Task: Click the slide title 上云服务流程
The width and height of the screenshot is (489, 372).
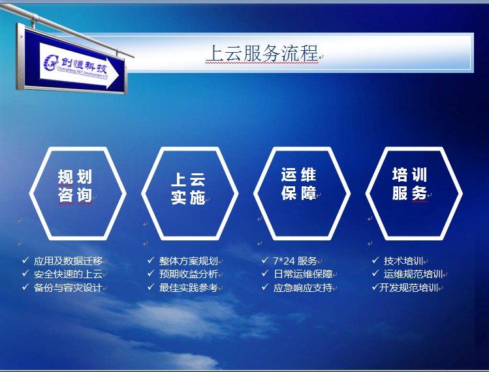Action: coord(262,53)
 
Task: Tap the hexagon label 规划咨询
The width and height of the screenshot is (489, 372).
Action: coord(75,186)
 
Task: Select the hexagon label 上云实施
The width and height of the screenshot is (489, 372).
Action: coord(188,189)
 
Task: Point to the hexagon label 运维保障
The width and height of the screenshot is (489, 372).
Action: coord(298,184)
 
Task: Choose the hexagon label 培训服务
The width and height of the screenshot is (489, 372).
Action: coord(409,184)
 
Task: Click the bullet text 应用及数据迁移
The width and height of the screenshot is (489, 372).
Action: coord(68,261)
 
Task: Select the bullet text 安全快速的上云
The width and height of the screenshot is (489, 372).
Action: coord(68,274)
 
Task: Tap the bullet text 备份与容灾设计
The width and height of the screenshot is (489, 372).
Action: coord(68,288)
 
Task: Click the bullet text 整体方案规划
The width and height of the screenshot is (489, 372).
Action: coord(189,261)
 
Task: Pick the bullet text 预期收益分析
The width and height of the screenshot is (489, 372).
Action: coord(189,274)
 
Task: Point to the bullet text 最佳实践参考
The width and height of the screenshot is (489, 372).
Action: coord(189,288)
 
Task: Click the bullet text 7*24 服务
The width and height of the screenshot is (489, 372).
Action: coord(295,261)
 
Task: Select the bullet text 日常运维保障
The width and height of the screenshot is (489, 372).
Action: coord(303,274)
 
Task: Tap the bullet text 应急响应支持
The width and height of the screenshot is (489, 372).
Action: coord(303,288)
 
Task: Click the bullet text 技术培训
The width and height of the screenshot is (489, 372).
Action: coord(403,261)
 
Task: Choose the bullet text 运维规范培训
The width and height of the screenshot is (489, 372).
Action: coord(413,274)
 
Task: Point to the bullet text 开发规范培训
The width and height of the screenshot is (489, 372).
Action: coord(409,288)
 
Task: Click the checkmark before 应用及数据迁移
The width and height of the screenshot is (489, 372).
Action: coord(25,260)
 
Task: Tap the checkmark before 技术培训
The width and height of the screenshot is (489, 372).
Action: coord(375,260)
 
